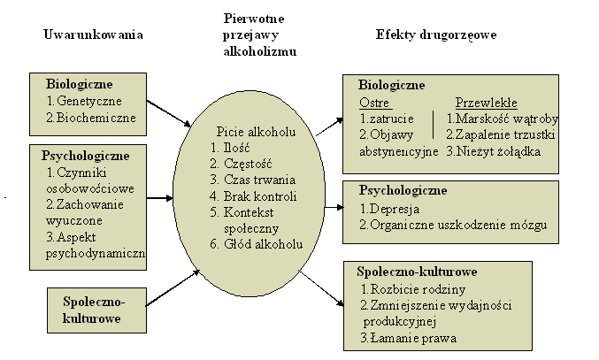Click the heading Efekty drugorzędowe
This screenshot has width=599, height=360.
click(435, 35)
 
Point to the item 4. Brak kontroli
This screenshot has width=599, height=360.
click(254, 196)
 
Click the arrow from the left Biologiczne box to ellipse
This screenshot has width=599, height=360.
click(169, 111)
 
